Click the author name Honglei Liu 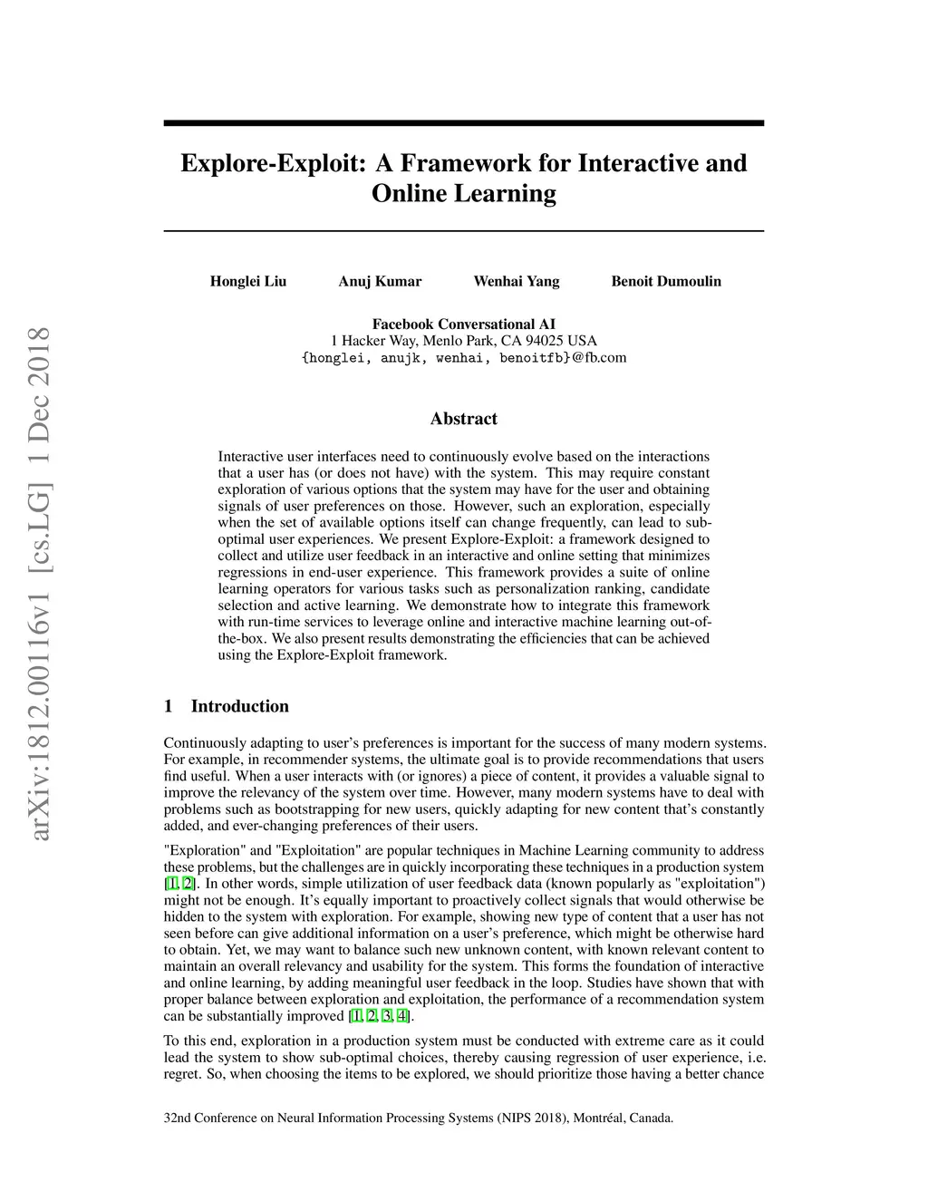coord(248,281)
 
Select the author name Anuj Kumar coord(380,281)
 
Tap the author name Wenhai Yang coord(517,281)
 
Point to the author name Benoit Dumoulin coord(666,281)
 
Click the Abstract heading coord(464,419)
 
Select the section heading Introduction coord(239,706)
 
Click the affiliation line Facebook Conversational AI coord(464,324)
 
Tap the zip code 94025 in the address coord(546,341)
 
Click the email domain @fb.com coord(599,357)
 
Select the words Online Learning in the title coord(464,193)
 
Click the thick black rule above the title coord(464,123)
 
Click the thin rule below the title coord(464,231)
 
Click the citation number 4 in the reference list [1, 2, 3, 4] coord(401,1016)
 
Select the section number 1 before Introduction coord(169,706)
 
